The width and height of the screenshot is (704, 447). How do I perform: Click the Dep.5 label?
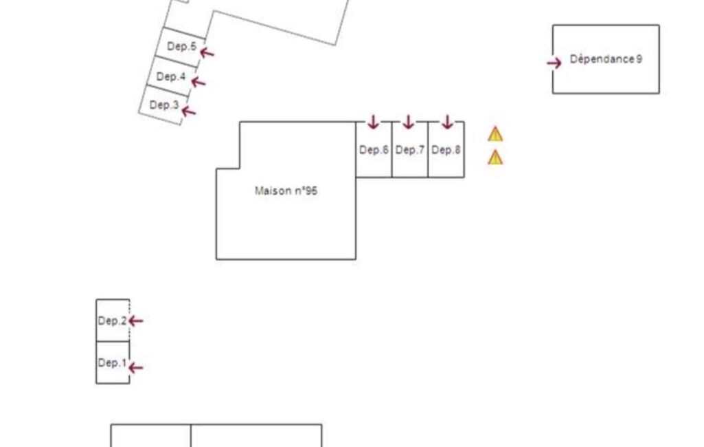(x=182, y=46)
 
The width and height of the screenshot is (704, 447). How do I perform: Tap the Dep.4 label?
(x=171, y=76)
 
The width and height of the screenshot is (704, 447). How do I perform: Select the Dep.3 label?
(x=164, y=105)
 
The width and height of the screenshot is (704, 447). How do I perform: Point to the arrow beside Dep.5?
(x=207, y=53)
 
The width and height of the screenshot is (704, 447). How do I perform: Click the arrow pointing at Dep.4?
(x=198, y=82)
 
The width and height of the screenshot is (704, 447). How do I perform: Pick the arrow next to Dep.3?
(x=189, y=111)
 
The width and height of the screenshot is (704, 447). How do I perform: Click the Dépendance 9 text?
(x=606, y=59)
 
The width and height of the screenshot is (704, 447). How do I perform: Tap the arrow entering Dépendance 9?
(x=554, y=63)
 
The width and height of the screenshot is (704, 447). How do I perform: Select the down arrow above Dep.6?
(x=373, y=122)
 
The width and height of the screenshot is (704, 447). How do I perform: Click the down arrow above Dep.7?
(x=408, y=122)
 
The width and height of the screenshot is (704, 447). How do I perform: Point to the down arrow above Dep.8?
(x=447, y=122)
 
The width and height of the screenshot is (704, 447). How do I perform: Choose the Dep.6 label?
(x=374, y=150)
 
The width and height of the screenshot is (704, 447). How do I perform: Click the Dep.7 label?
(x=410, y=150)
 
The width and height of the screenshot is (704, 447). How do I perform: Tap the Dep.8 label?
(x=446, y=150)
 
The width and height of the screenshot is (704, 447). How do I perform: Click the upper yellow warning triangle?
(x=495, y=134)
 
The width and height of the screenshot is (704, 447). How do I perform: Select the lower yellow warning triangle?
(x=495, y=157)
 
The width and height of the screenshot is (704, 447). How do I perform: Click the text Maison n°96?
(x=286, y=190)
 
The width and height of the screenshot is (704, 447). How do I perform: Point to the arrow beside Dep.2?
(x=135, y=320)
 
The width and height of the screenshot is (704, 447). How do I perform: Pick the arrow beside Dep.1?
(x=135, y=368)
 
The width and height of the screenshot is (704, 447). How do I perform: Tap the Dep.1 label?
(x=112, y=362)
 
